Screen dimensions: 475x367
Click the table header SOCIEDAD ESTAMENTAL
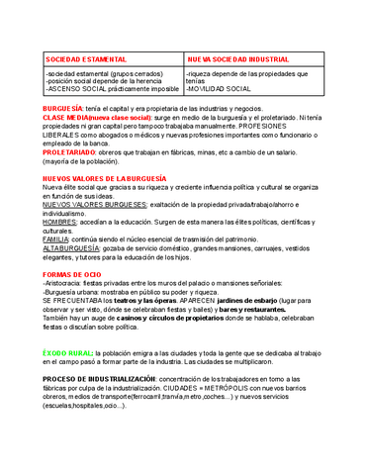pos(81,58)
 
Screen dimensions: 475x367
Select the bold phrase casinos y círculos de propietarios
pos(168,320)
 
